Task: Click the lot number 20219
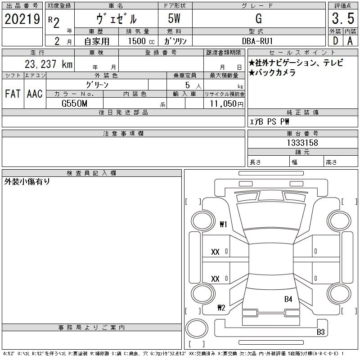coord(22,19)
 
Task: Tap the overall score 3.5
coord(343,18)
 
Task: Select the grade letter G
coord(258,18)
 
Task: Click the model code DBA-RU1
coord(257,41)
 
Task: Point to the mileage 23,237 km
coord(49,64)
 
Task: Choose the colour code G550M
coord(74,103)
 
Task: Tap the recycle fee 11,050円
coord(226,104)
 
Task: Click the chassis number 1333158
coord(302,143)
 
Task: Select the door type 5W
coord(174,18)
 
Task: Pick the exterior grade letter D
coord(335,41)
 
